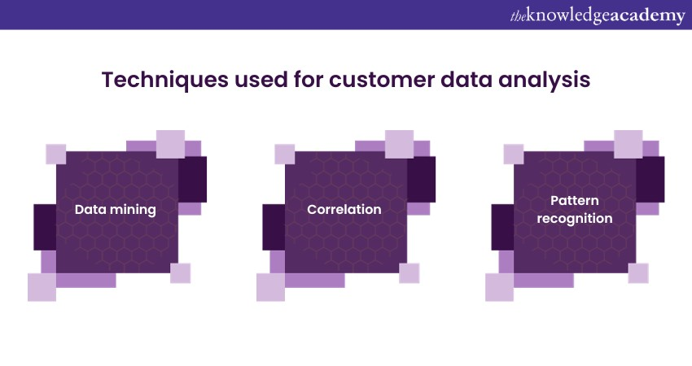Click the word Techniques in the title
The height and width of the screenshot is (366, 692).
(165, 80)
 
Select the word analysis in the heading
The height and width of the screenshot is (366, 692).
(544, 81)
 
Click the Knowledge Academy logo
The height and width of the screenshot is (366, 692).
(598, 15)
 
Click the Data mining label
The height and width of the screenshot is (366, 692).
(115, 210)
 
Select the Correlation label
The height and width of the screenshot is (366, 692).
(344, 209)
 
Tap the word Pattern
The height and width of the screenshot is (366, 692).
(575, 201)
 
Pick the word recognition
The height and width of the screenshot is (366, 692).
(575, 218)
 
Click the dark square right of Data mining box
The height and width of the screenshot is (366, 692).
(192, 180)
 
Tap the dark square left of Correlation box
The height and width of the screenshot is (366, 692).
(274, 227)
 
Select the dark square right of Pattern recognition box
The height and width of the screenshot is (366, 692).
(650, 180)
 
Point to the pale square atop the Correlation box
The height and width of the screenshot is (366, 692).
(400, 144)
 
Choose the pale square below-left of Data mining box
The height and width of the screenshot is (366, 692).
(42, 287)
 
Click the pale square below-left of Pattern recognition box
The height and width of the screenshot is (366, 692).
(500, 287)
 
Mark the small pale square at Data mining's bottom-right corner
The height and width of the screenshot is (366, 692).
(181, 273)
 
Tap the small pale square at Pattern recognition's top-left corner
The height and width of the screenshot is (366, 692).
(514, 154)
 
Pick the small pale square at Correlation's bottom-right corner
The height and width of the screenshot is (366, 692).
(410, 273)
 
